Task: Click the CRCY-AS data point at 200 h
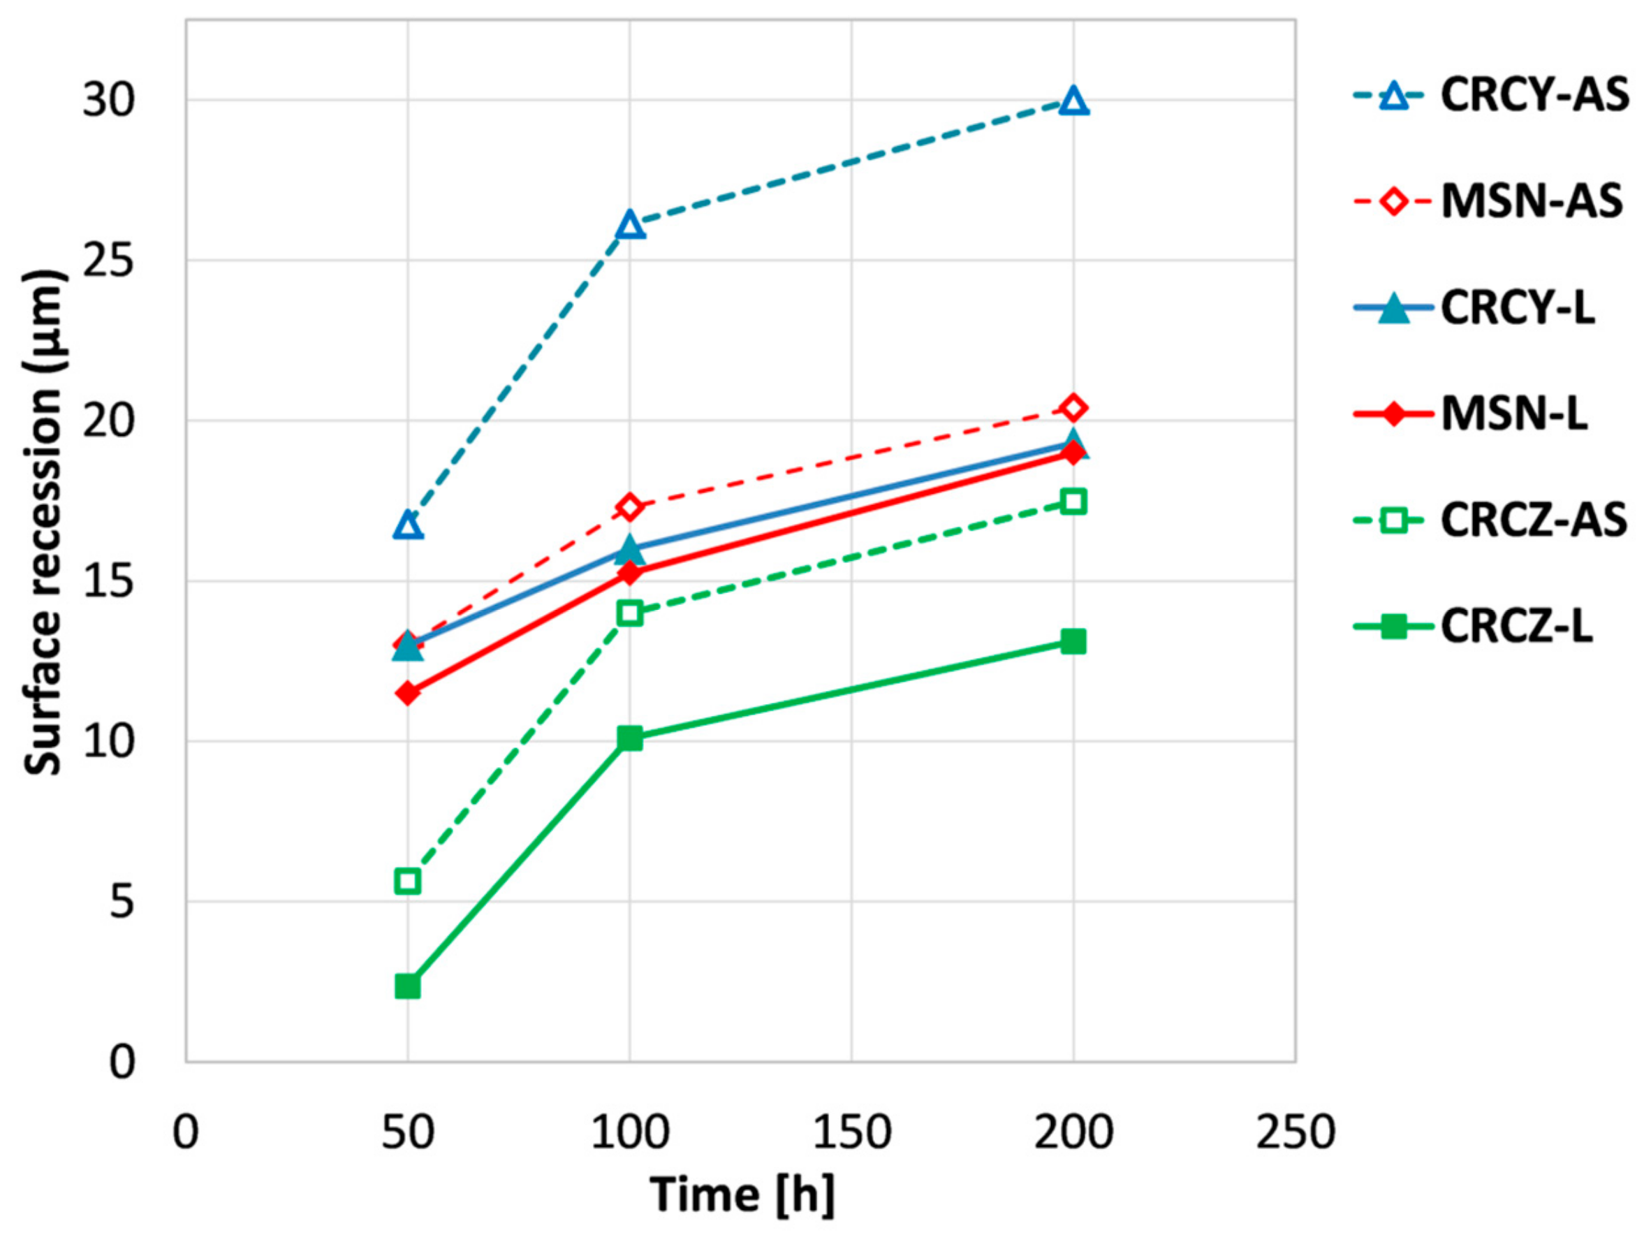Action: [x=1073, y=101]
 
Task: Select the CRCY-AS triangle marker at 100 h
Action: [x=630, y=225]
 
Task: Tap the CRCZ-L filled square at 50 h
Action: [x=408, y=986]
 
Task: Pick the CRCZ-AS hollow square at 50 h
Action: [x=408, y=881]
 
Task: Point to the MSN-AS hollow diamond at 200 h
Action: [x=1073, y=408]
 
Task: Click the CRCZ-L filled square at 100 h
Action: [x=630, y=738]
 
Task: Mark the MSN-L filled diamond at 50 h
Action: [x=408, y=694]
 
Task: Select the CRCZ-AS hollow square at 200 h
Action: [x=1073, y=502]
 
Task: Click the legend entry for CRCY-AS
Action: [x=1534, y=96]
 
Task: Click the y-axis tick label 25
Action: [x=107, y=261]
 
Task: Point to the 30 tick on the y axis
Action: [x=107, y=100]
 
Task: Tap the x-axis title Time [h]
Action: [x=742, y=1194]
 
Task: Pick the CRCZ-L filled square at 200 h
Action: [x=1073, y=641]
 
